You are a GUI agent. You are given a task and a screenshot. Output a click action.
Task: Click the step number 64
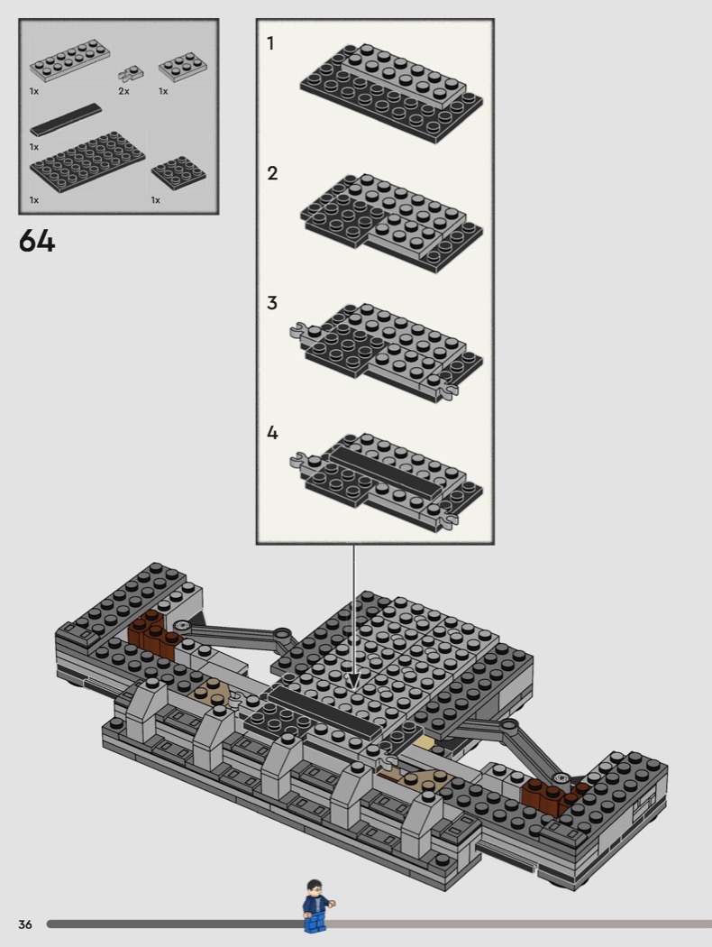(37, 242)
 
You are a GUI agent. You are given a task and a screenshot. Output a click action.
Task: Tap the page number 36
(24, 924)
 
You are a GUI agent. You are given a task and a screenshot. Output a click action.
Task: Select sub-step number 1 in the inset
(271, 43)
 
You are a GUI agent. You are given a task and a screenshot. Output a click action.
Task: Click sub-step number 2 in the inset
(272, 173)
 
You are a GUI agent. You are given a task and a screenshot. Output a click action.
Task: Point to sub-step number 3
(272, 303)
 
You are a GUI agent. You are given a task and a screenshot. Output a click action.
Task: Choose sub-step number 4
(272, 433)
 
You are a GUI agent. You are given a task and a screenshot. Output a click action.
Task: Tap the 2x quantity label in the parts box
(123, 91)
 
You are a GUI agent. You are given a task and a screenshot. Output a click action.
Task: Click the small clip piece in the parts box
(131, 75)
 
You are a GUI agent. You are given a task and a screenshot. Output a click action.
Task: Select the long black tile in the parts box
(66, 119)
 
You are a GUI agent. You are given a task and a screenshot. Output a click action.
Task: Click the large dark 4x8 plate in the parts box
(87, 161)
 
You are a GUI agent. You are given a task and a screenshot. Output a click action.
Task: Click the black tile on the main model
(326, 713)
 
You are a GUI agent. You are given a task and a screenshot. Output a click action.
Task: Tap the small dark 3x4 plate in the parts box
(178, 173)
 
